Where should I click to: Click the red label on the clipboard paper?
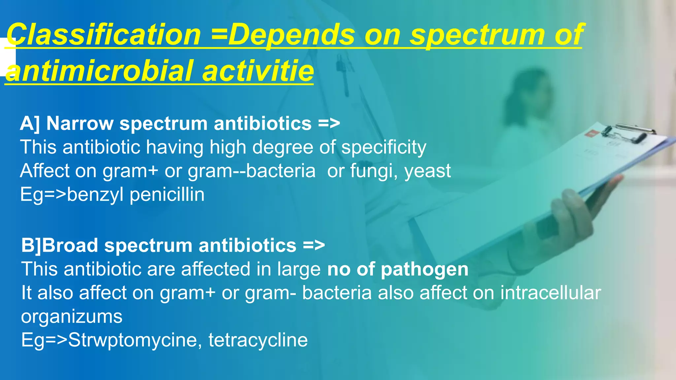pos(590,133)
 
